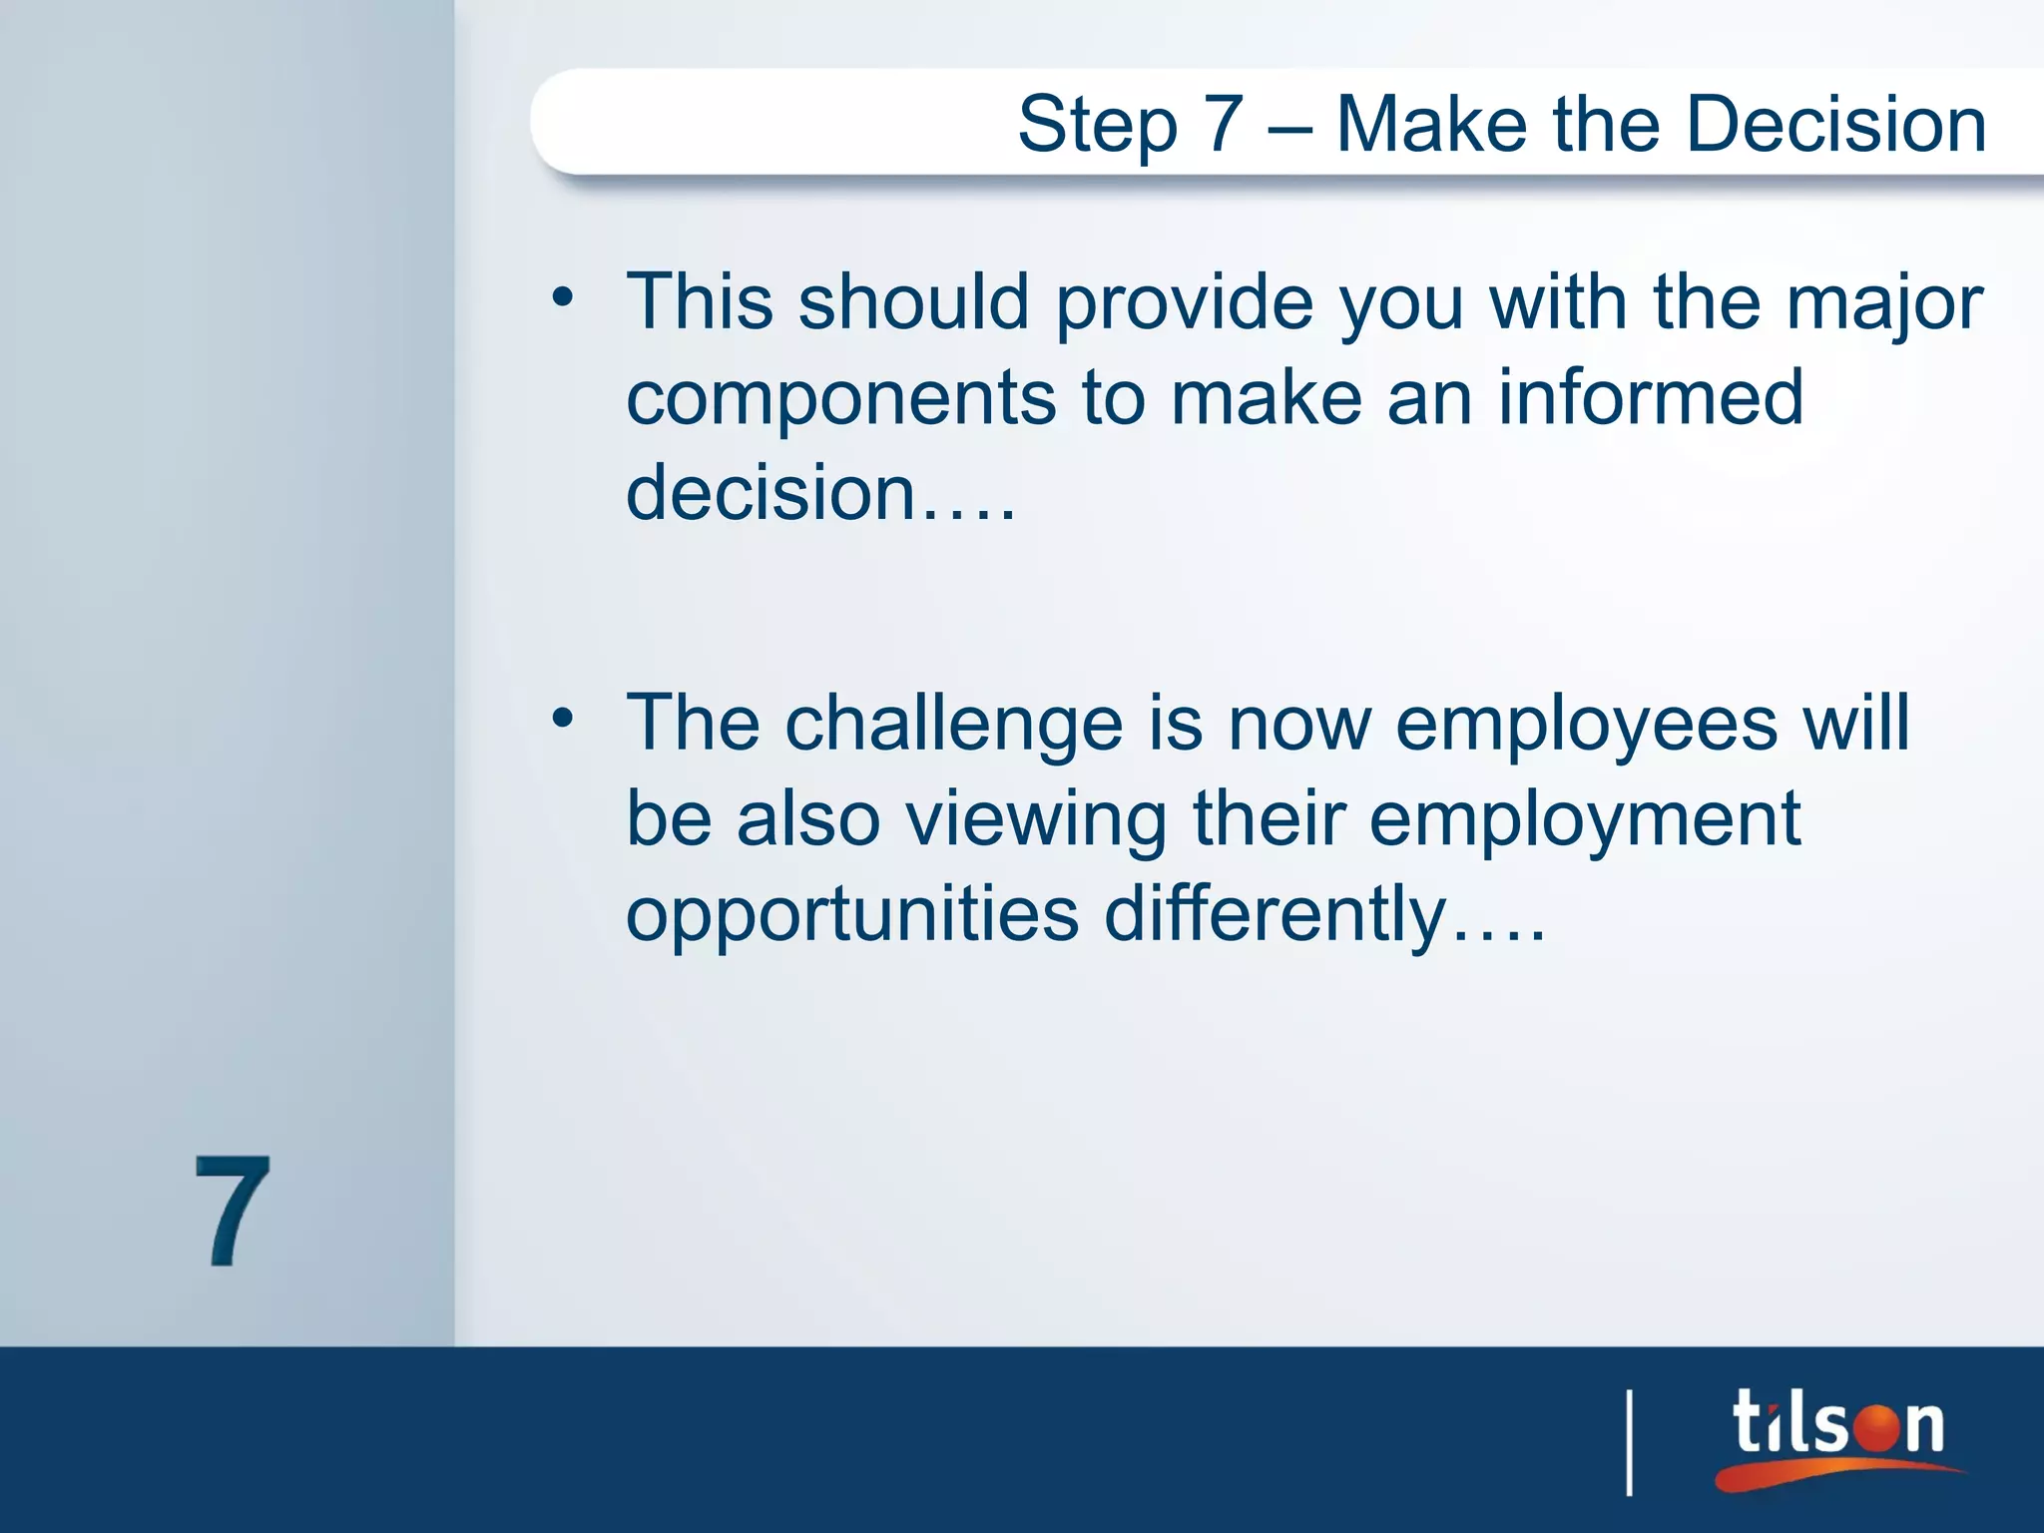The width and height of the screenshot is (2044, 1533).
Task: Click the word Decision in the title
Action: tap(1835, 124)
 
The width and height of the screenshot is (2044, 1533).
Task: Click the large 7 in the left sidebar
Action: tap(232, 1212)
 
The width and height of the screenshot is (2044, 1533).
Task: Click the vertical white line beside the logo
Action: tap(1630, 1442)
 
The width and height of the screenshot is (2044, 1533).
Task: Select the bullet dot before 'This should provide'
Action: tap(563, 297)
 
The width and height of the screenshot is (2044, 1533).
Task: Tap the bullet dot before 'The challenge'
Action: tap(563, 718)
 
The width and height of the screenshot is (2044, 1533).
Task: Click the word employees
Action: tap(1586, 725)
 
